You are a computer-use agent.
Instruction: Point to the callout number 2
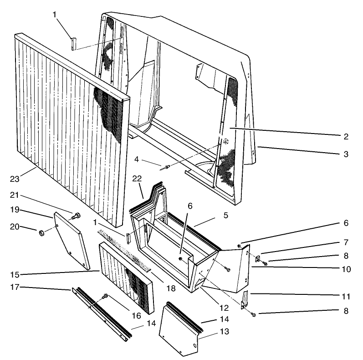click(x=346, y=136)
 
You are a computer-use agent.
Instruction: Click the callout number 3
click(x=346, y=154)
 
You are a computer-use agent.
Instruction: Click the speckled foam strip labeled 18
click(x=125, y=251)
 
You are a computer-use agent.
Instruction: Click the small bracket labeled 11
click(x=245, y=298)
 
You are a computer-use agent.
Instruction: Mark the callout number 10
click(x=346, y=269)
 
